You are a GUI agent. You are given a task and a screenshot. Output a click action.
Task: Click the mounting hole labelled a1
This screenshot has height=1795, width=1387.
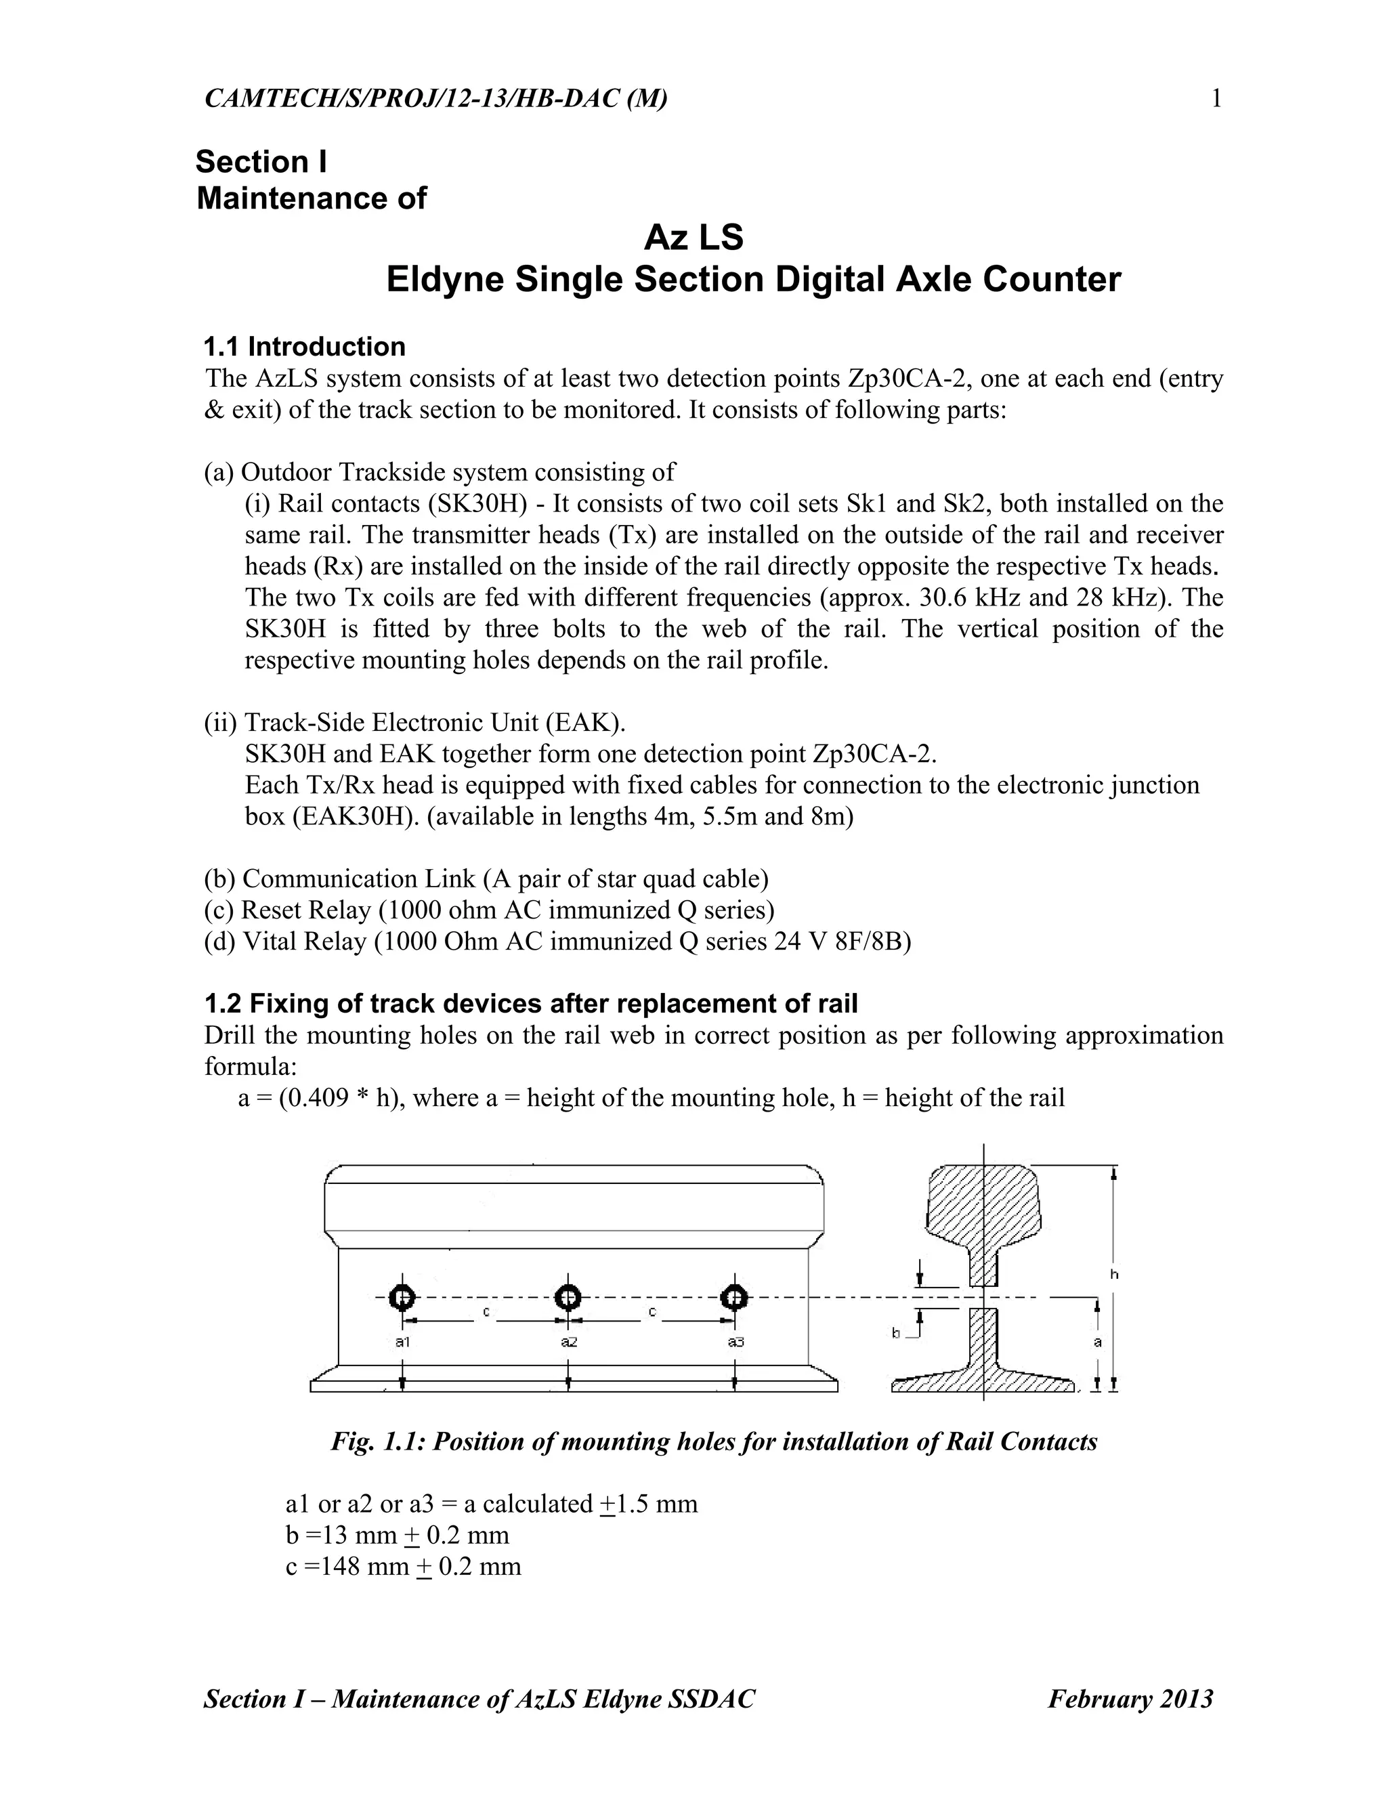(402, 1298)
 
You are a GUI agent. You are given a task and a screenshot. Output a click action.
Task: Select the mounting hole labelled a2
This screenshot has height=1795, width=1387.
(568, 1298)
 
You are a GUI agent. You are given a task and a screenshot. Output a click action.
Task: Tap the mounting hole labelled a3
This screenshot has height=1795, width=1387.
(733, 1298)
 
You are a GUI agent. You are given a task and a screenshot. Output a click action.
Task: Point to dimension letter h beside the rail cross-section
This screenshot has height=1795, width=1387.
(1114, 1274)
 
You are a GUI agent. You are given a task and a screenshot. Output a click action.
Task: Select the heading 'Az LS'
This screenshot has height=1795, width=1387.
(693, 238)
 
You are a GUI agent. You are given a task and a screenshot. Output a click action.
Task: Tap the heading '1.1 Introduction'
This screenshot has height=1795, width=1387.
(305, 347)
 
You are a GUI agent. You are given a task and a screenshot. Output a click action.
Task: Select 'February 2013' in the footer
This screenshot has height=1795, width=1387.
(1130, 1699)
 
